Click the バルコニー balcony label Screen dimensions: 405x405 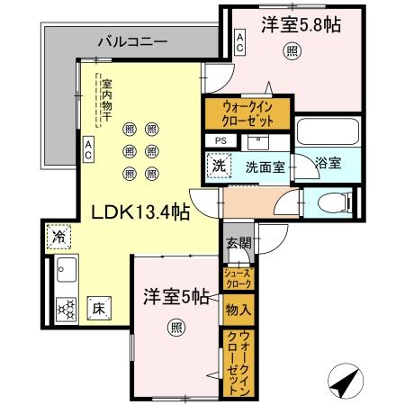pos(132,40)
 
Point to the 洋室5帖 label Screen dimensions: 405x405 pos(176,296)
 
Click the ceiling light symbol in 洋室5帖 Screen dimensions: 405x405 pos(174,328)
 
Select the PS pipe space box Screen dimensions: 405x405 pos(220,140)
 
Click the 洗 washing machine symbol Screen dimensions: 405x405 pos(218,166)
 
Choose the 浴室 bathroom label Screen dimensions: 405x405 pos(328,164)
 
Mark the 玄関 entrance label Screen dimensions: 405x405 pos(238,243)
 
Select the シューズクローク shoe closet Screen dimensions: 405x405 pos(239,278)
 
